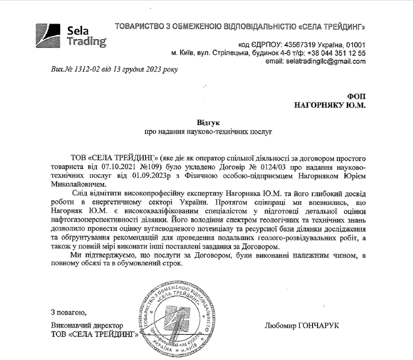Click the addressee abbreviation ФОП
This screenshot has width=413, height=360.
357,97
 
